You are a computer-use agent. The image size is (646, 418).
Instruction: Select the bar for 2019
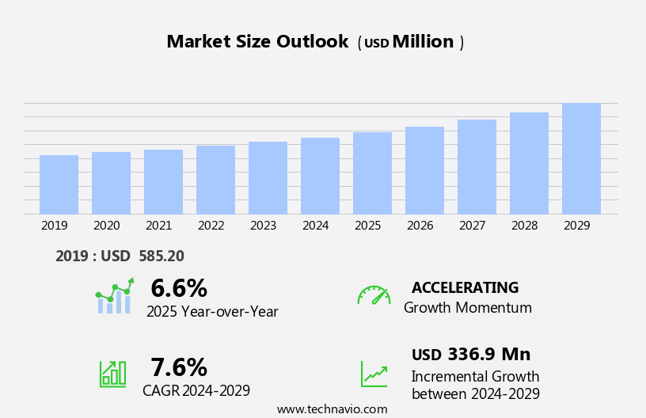point(59,184)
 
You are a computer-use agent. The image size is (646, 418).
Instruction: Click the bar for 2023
point(268,178)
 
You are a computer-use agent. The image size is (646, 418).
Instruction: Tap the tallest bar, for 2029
point(581,158)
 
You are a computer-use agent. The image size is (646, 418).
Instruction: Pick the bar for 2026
point(424,170)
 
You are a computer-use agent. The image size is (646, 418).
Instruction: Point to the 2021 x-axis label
point(158,226)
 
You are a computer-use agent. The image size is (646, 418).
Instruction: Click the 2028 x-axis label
point(524,226)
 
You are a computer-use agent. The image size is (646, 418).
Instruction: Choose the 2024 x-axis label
point(315,226)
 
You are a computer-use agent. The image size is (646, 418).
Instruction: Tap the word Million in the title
point(423,42)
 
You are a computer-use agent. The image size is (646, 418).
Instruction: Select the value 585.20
point(161,256)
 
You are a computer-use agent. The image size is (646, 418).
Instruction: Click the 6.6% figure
point(179,288)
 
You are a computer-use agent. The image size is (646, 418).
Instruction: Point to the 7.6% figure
point(179,367)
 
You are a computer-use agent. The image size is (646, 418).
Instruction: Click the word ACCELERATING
point(465,287)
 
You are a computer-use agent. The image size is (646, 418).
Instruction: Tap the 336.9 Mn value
point(488,354)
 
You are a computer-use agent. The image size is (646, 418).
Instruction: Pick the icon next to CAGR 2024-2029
point(112,373)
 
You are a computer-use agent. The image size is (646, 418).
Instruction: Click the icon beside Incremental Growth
point(374,374)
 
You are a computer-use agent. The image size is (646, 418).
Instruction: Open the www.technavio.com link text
point(332,409)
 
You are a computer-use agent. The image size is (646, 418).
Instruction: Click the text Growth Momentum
point(467,308)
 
